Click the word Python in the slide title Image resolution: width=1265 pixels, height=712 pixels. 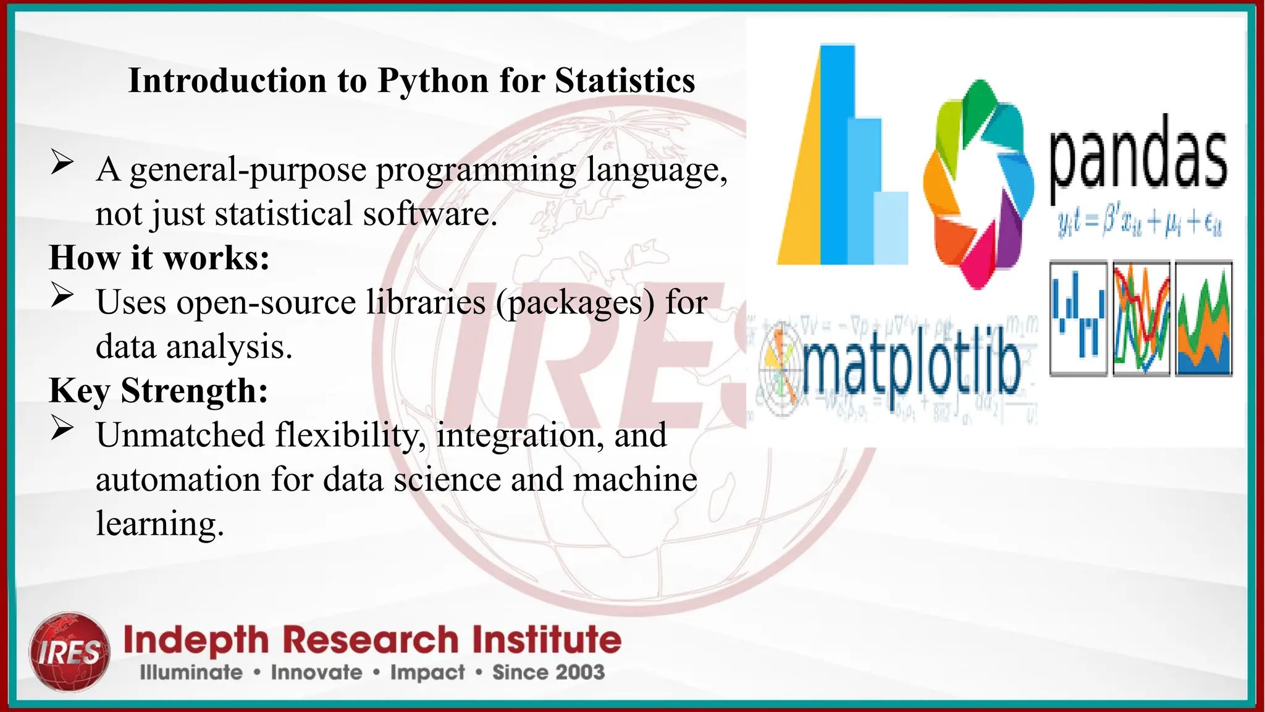click(432, 81)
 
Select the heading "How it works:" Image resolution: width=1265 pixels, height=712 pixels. click(159, 258)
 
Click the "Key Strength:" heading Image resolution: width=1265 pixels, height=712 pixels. click(159, 391)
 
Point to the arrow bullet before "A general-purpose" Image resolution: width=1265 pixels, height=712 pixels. click(62, 162)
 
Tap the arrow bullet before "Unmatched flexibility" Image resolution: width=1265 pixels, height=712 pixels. click(62, 428)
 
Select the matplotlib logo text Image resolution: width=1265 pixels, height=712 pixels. click(911, 369)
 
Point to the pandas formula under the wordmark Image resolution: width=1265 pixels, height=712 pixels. click(1139, 224)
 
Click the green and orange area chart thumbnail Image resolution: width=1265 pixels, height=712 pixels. click(1203, 319)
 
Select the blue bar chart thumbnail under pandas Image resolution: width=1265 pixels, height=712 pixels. click(1078, 319)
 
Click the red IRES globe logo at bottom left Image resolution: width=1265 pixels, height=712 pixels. click(70, 651)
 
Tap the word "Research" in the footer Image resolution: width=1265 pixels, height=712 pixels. click(370, 640)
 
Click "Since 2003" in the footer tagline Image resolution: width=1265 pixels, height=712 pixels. click(548, 672)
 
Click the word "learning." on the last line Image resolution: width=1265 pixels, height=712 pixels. click(159, 524)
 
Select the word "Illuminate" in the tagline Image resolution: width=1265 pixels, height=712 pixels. click(191, 672)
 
